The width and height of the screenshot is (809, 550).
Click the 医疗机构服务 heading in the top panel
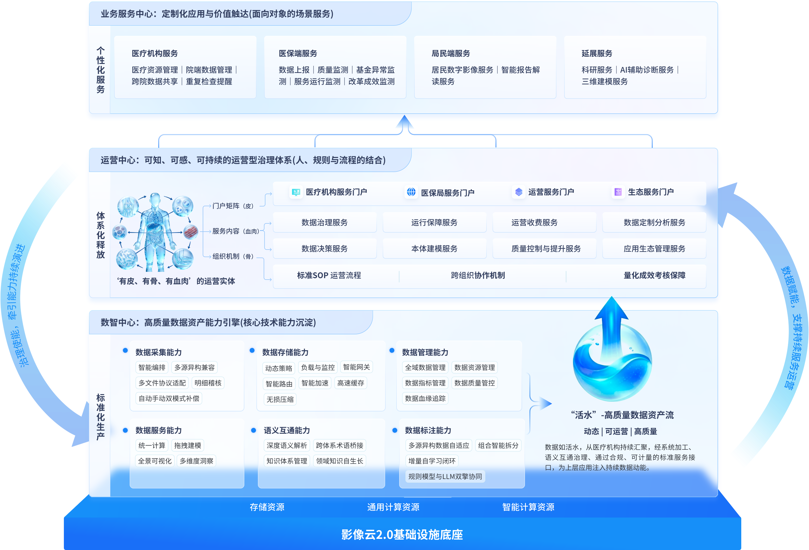tap(155, 53)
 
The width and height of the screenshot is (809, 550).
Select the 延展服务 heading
tap(597, 53)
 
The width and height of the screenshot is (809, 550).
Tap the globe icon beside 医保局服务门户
tap(411, 192)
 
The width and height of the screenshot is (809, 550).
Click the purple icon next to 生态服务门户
tap(618, 192)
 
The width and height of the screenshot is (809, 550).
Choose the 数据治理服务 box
tap(324, 222)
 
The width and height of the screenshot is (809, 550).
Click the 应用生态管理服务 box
tap(654, 249)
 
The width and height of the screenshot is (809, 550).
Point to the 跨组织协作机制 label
tap(478, 275)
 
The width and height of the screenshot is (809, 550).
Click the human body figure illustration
tap(155, 232)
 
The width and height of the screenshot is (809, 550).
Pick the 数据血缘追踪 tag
tap(425, 398)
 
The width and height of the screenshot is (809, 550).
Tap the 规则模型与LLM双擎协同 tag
tap(445, 476)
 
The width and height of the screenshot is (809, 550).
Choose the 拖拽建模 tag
tap(188, 445)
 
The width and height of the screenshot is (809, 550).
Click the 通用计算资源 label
tap(393, 507)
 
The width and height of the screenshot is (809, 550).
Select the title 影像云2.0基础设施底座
tap(402, 534)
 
